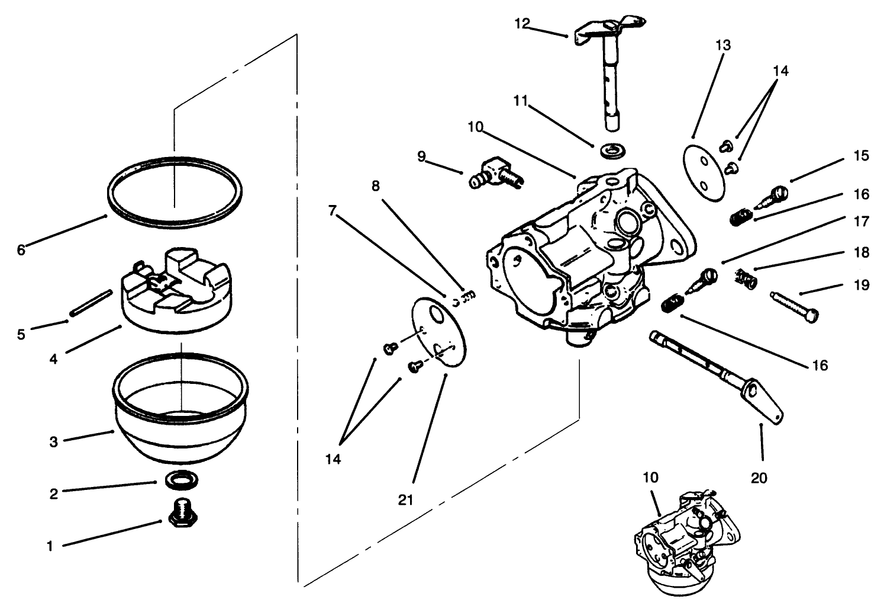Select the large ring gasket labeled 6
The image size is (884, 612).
pos(175,191)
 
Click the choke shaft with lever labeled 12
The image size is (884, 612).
pos(609,71)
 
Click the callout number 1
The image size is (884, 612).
pos(50,546)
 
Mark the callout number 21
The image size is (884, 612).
pos(405,499)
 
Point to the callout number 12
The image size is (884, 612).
pos(522,24)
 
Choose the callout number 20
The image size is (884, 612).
pos(759,477)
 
